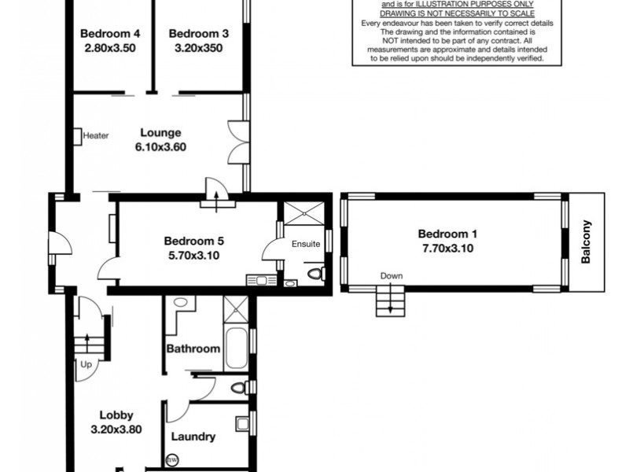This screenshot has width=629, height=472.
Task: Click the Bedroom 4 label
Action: [x=111, y=34]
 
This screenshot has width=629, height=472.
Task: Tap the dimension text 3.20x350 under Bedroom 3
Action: [x=198, y=47]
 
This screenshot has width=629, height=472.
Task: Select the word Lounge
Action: [x=160, y=133]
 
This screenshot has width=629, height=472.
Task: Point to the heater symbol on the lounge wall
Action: [x=78, y=135]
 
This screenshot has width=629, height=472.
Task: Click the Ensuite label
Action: [x=305, y=244]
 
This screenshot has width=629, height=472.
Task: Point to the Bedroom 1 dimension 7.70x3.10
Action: [x=447, y=248]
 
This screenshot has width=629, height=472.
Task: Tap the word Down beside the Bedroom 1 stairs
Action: [x=391, y=276]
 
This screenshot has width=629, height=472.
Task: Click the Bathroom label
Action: [x=193, y=348]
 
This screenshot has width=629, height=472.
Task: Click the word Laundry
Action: [x=193, y=437]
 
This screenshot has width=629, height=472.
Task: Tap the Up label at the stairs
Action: [x=85, y=363]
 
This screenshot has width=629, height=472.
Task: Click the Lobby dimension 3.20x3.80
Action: [x=116, y=430]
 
